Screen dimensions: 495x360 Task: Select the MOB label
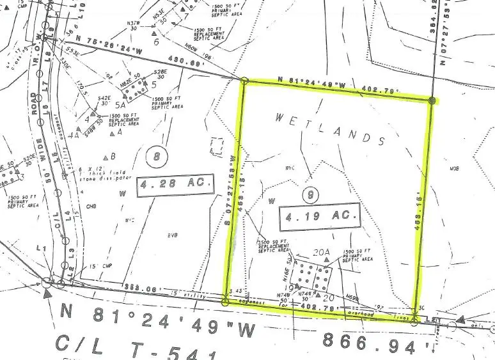pos(455,169)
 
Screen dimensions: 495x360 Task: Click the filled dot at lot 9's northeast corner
pos(432,100)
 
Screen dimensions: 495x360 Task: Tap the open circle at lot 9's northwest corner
pos(245,81)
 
